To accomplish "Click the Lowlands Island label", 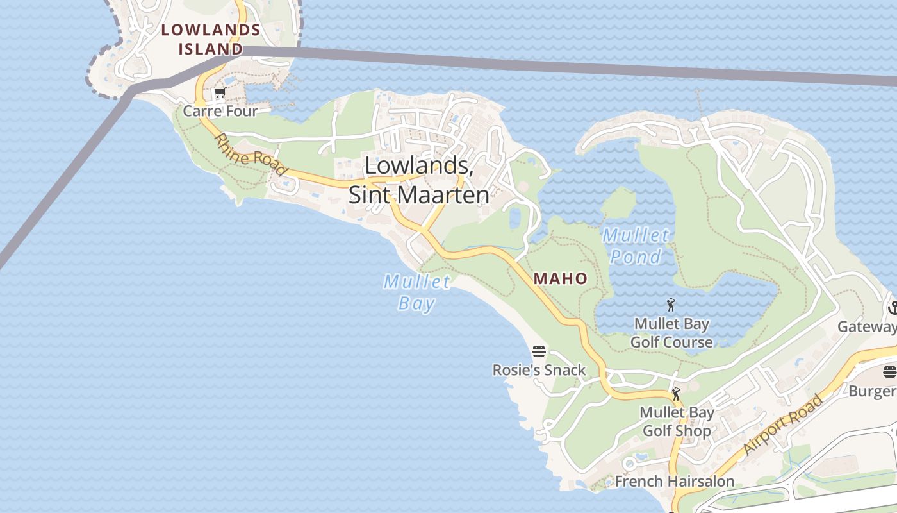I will (211, 39).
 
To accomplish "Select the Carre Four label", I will (220, 111).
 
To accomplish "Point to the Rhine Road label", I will (250, 155).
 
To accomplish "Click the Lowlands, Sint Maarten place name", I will (419, 180).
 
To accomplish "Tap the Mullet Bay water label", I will (416, 292).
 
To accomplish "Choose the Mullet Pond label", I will (636, 246).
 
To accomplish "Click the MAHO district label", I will (561, 278).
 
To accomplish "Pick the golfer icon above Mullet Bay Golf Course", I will (671, 305).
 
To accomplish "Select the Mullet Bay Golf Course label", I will (671, 333).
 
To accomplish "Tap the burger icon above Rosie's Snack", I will (539, 351).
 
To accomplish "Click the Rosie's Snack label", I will (539, 370).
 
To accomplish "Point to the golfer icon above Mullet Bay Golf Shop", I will (676, 393).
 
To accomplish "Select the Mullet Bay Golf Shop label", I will (677, 421).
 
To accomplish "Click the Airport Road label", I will (784, 425).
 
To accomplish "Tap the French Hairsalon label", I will (675, 481).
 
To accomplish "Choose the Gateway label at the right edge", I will (867, 327).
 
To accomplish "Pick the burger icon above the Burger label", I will (889, 372).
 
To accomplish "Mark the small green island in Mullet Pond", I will (619, 203).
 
